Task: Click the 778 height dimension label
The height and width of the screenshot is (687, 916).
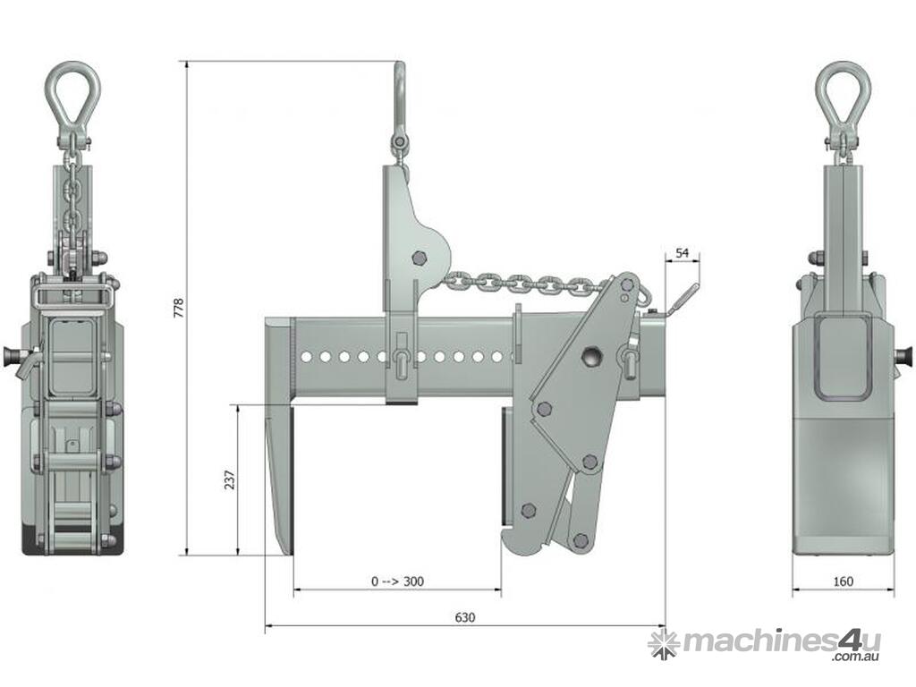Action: tap(179, 308)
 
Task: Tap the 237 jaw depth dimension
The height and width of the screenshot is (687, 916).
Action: tap(230, 479)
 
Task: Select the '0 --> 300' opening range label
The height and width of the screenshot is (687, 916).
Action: tap(397, 581)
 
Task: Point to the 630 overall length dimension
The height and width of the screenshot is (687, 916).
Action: tap(464, 617)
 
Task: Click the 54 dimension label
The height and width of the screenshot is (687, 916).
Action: tap(683, 253)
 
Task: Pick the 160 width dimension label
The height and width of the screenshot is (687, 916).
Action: tap(843, 581)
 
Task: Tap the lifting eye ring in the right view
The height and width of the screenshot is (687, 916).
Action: tap(843, 99)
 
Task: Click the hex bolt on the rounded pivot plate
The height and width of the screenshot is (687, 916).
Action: tap(419, 258)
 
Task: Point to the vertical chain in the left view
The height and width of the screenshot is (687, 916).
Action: tap(72, 199)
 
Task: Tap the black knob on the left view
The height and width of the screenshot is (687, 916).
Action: tap(11, 354)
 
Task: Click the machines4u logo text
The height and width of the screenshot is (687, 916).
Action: tap(781, 641)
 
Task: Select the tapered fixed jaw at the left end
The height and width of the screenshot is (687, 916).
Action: tap(279, 436)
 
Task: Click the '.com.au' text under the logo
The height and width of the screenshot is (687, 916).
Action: tap(856, 657)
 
